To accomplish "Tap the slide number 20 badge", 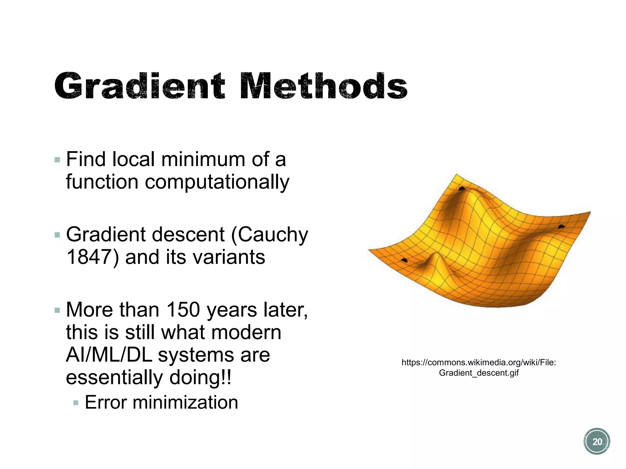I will click(597, 442).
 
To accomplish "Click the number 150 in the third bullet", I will click(183, 310).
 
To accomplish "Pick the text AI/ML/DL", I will click(109, 355).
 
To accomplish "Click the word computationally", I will click(217, 182).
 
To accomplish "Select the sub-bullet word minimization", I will click(185, 402).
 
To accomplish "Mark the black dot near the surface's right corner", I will click(561, 226).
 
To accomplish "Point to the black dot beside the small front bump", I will click(404, 260).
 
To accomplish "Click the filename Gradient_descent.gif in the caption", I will click(479, 373).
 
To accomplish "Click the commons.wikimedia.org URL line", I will click(479, 362).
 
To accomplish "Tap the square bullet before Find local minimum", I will click(57, 160).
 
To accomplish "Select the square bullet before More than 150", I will click(57, 310).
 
